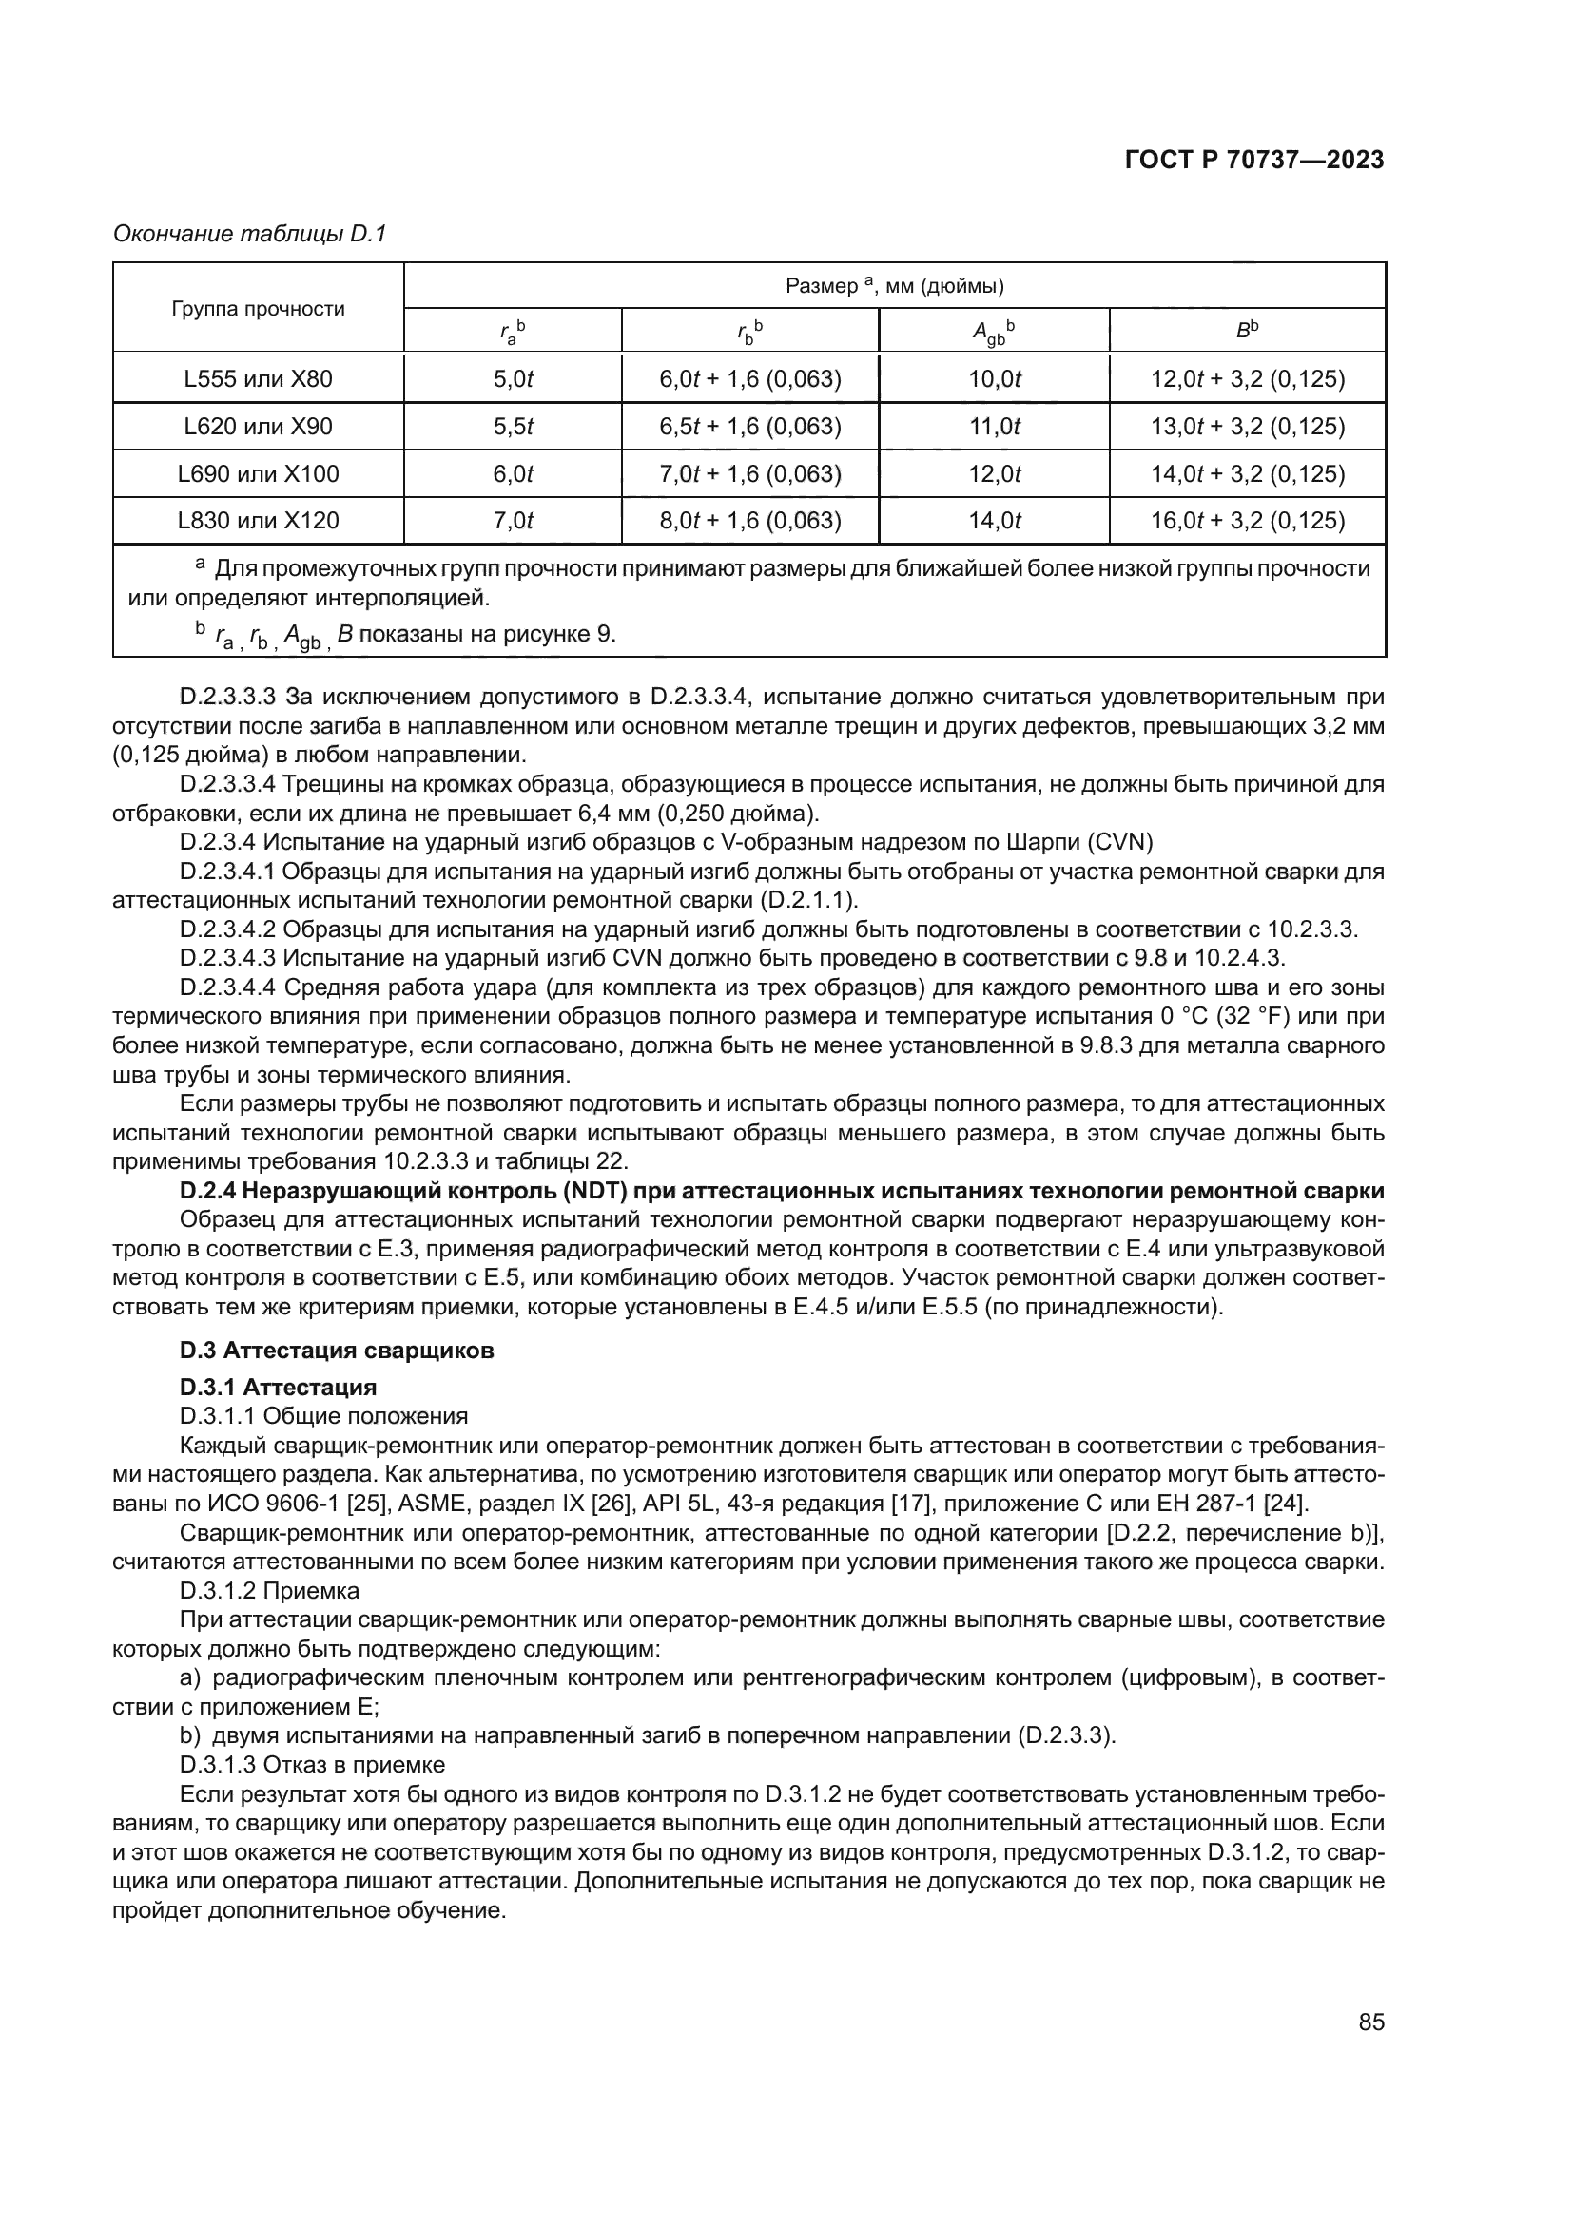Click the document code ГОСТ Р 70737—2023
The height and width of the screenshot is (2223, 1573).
[x=1254, y=161]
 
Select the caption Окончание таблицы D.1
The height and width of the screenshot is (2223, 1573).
[x=250, y=234]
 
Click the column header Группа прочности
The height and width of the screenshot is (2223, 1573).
[x=258, y=309]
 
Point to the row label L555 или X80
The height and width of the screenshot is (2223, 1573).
[x=258, y=378]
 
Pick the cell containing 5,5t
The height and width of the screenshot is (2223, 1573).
[x=513, y=426]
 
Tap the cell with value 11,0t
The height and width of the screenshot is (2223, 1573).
[x=994, y=426]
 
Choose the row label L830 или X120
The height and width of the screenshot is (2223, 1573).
[x=258, y=521]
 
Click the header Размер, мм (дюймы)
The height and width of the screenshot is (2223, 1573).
[x=893, y=286]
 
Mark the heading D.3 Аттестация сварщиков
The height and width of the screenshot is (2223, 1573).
[x=336, y=1350]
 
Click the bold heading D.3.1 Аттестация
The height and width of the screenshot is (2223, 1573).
[x=278, y=1388]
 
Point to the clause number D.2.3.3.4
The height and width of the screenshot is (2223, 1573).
[x=227, y=783]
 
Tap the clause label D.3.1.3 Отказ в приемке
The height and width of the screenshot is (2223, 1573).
[x=312, y=1763]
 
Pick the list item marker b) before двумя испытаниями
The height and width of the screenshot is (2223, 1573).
[x=190, y=1734]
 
